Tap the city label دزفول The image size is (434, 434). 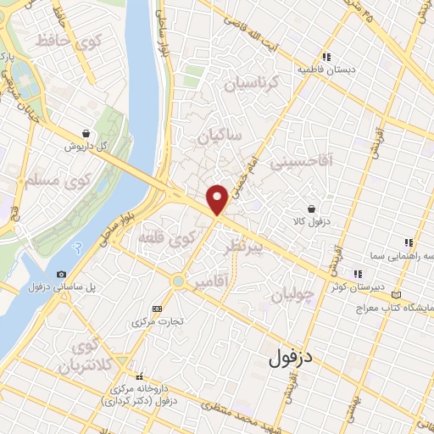pyautogui.click(x=291, y=359)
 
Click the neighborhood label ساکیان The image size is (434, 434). pyautogui.click(x=220, y=136)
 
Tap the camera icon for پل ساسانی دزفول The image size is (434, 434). pyautogui.click(x=61, y=274)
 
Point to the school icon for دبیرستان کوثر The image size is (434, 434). pyautogui.click(x=358, y=273)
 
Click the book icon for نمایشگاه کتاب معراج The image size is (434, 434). pyautogui.click(x=396, y=293)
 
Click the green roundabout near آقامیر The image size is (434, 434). pyautogui.click(x=177, y=281)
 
